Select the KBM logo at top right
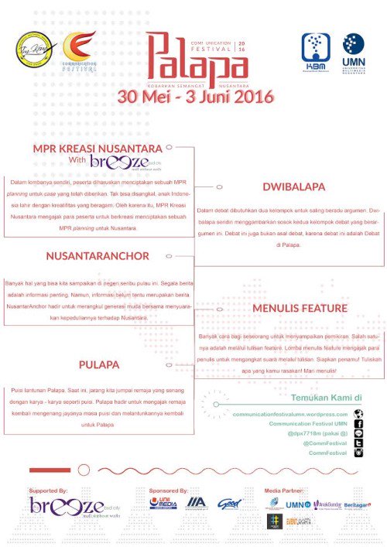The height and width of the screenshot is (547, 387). coord(316,52)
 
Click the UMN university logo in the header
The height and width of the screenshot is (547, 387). coord(354,52)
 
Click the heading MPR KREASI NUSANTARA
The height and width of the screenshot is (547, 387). coord(98,148)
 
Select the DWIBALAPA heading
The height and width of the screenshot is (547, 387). coord(293,186)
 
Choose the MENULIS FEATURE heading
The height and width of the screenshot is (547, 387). coord(300,308)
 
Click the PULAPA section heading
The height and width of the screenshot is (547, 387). coord(98,364)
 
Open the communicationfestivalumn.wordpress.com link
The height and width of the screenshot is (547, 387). coord(290,415)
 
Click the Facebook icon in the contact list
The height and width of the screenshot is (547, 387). coord(358,424)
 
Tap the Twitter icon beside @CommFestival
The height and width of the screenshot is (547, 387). coord(358,443)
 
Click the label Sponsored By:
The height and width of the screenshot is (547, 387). coord(169,491)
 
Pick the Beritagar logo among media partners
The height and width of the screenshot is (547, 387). coord(358,504)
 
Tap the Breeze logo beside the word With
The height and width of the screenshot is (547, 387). coord(120,162)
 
